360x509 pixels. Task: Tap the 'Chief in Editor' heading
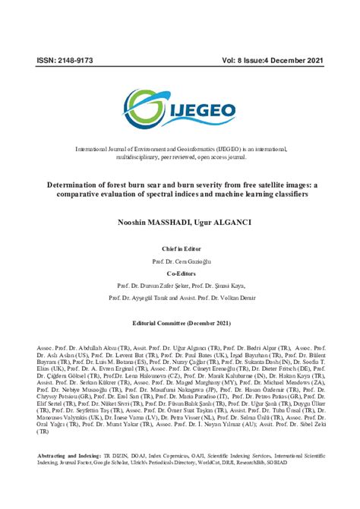(180, 248)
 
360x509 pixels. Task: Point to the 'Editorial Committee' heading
(180, 323)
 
